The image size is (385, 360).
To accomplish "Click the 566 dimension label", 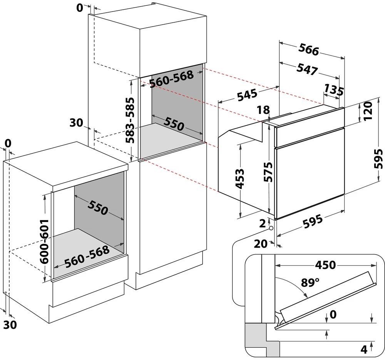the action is (x=309, y=50).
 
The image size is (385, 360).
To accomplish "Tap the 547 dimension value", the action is (x=307, y=69).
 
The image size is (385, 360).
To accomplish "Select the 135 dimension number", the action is (x=334, y=90).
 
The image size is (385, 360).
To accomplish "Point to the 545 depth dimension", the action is (x=247, y=94).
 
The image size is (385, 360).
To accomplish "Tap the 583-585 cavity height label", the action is (x=130, y=120).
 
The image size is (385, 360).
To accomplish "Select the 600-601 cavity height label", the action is (x=44, y=242).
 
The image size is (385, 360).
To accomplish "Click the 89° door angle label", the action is (x=310, y=283).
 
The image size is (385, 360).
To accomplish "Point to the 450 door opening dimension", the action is (x=325, y=265).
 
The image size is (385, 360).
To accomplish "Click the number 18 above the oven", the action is (x=263, y=110).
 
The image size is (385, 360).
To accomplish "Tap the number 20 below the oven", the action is (x=261, y=244).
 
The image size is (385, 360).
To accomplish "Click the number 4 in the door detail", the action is (x=364, y=350).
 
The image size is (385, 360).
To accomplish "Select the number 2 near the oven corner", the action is (x=263, y=223).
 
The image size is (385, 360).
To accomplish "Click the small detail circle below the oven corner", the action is (x=271, y=228).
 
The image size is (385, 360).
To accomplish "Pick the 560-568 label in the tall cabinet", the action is (x=171, y=79).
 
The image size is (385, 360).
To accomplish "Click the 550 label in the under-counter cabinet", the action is (x=97, y=207).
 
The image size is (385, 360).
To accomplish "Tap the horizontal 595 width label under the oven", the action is (x=312, y=221).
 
